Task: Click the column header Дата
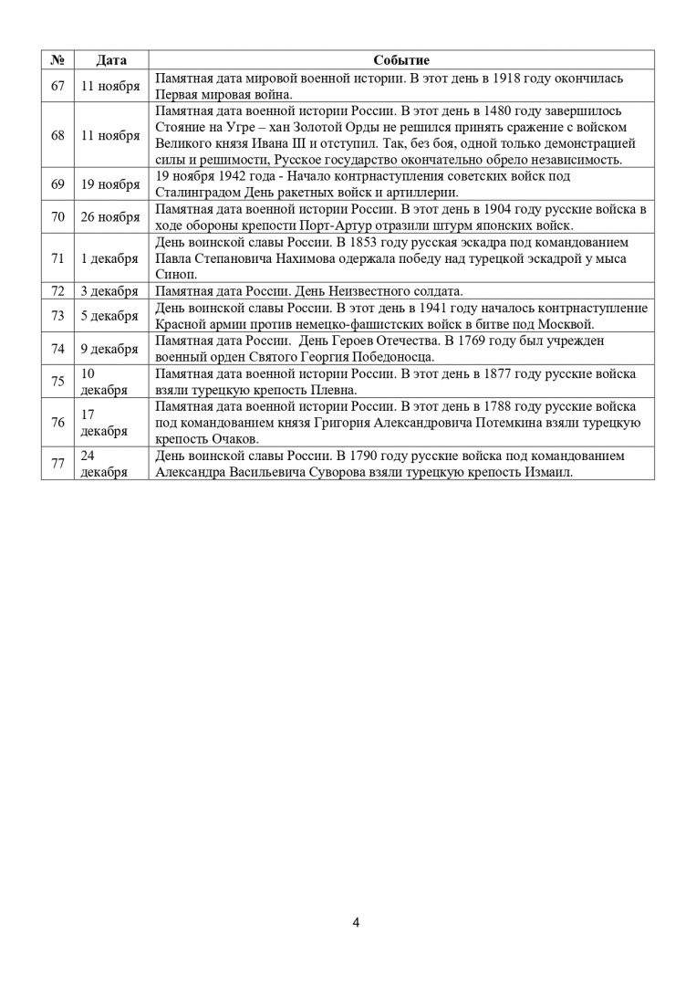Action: [x=111, y=60]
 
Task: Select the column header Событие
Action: [x=401, y=60]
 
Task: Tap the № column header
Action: [x=57, y=60]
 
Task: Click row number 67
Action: [x=57, y=86]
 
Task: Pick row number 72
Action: [x=57, y=291]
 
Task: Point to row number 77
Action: [x=57, y=463]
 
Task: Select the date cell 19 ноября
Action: [x=110, y=184]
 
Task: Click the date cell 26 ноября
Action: [x=110, y=217]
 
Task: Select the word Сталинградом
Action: [x=193, y=193]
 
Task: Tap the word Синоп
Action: [x=173, y=275]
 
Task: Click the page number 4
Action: [x=356, y=922]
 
